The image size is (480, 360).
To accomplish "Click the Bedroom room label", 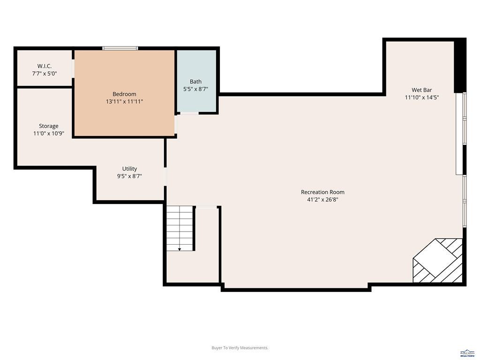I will click(x=124, y=94).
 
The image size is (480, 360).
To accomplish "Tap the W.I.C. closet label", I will click(x=45, y=66).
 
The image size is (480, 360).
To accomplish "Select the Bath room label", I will click(x=195, y=82).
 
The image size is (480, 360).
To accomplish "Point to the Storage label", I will click(x=49, y=126).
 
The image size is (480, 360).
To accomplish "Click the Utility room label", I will click(x=129, y=169).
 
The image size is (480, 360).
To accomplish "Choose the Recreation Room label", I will click(x=322, y=192).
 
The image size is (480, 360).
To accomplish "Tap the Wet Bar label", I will click(x=422, y=90).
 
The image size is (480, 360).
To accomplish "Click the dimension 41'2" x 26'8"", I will click(x=322, y=200).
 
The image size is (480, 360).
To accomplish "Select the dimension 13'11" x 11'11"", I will click(x=124, y=102).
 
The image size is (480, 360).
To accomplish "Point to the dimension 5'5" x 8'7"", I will click(x=195, y=89).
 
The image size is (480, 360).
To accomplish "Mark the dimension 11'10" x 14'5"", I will click(x=422, y=97).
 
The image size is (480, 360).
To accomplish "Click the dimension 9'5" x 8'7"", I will click(x=129, y=176).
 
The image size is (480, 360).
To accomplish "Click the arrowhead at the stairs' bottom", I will click(x=180, y=249).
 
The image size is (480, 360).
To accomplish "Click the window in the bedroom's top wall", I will click(x=120, y=48).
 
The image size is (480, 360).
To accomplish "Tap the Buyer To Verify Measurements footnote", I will click(x=240, y=348).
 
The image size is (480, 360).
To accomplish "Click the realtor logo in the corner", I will click(x=467, y=353).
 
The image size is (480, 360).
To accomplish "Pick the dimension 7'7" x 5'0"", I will click(x=45, y=74).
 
